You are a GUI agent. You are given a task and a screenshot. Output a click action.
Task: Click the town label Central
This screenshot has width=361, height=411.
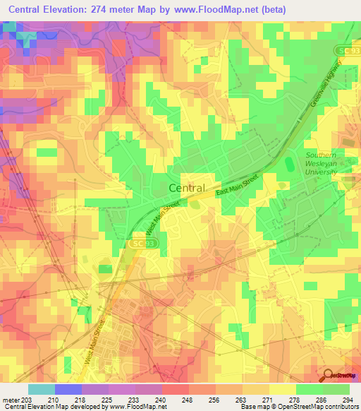coord(187,188)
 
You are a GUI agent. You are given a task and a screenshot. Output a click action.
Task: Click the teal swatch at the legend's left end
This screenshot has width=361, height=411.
coord(41,389)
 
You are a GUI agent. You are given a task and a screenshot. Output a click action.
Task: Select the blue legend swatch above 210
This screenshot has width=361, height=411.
coord(68,389)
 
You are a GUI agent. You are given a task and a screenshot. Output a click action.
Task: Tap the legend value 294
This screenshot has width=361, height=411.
coord(345,399)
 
